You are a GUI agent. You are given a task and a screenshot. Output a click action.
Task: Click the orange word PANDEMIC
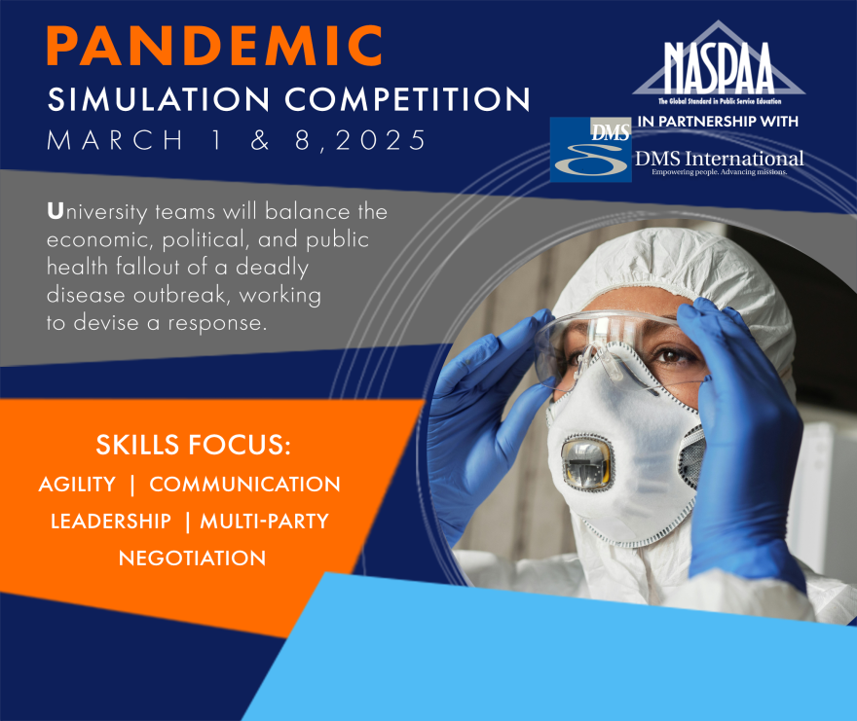[214, 47]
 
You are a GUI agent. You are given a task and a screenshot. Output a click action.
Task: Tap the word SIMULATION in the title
[142, 99]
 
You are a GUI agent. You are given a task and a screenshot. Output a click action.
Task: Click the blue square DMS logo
[590, 150]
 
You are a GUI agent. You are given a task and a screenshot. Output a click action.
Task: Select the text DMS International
[719, 159]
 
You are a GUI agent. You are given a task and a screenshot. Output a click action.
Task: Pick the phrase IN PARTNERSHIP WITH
[717, 122]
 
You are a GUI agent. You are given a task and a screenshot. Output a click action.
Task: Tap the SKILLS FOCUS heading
[194, 447]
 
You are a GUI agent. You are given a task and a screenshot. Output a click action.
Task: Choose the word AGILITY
[77, 484]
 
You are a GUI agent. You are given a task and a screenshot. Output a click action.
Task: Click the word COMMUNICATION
[244, 484]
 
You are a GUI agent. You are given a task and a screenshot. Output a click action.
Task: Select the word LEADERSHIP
[110, 521]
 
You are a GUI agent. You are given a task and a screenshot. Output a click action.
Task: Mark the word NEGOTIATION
[192, 558]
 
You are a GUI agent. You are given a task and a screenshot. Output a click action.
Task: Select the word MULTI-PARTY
[264, 521]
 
